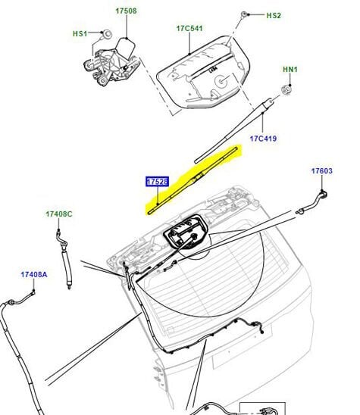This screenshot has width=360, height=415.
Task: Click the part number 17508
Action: tap(126, 11)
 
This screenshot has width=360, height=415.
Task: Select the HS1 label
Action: tap(80, 33)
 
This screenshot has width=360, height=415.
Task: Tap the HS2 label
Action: tap(273, 15)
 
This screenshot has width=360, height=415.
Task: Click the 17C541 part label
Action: tap(189, 28)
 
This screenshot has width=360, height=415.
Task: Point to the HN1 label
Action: tap(290, 70)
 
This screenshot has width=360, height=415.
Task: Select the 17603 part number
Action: tap(321, 171)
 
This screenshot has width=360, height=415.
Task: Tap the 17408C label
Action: tap(58, 215)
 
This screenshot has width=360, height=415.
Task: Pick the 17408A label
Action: tap(33, 274)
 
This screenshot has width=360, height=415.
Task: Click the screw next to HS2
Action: tap(248, 15)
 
